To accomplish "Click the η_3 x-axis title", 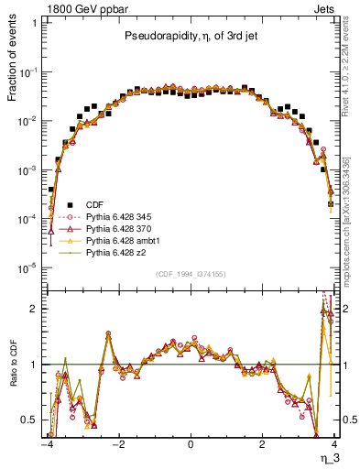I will coord(327,456).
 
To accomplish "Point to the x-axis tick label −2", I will coord(117,444).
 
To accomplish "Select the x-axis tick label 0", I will coord(191,444).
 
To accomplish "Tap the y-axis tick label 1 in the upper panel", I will coord(34,23).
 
